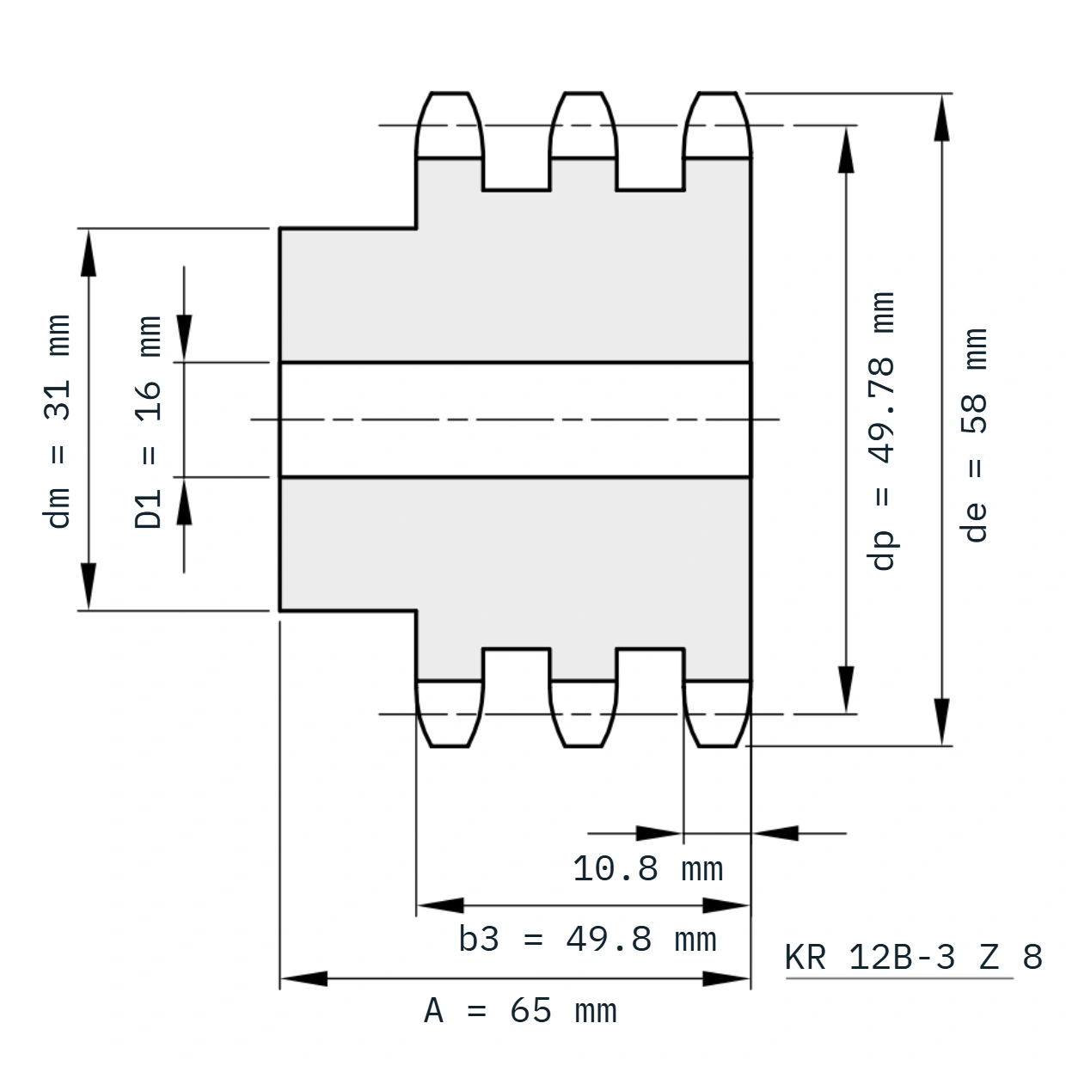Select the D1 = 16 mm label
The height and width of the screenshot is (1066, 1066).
(x=148, y=422)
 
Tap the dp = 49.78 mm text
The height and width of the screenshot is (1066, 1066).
(x=880, y=431)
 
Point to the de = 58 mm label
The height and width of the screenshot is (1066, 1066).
(x=973, y=435)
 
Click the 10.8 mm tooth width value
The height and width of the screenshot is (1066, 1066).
(x=648, y=868)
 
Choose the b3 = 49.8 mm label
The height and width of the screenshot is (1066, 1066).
(x=587, y=940)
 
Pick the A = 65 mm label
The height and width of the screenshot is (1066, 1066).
(x=520, y=1011)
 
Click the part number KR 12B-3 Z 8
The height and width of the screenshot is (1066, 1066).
(x=913, y=957)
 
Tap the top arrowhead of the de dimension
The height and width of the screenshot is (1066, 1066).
(x=941, y=118)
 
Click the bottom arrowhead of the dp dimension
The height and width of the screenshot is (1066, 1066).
(x=846, y=689)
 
